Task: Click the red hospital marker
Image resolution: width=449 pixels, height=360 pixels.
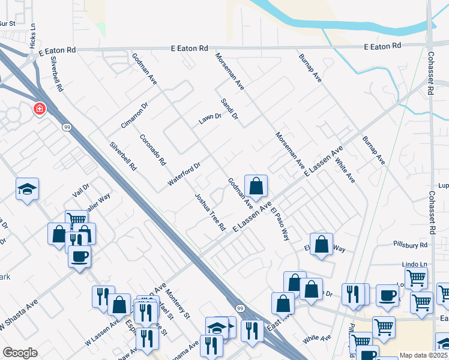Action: (x=39, y=109)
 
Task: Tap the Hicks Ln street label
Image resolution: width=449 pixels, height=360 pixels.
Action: (x=32, y=35)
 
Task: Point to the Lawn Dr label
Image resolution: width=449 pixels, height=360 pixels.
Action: (x=211, y=119)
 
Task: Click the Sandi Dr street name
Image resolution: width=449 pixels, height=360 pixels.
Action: (x=230, y=109)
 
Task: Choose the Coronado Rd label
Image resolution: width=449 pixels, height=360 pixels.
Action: (x=152, y=150)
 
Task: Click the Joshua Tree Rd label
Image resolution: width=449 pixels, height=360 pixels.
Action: (x=209, y=212)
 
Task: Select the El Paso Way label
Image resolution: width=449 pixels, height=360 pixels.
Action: (x=280, y=223)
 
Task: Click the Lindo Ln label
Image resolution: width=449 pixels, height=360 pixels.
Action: (x=414, y=264)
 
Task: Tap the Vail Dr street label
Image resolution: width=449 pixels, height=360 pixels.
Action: (x=80, y=191)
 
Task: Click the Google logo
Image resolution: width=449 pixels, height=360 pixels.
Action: (x=20, y=353)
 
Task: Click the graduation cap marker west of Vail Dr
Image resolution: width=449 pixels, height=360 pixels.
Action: (x=27, y=190)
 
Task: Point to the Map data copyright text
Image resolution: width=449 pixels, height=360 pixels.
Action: (x=424, y=355)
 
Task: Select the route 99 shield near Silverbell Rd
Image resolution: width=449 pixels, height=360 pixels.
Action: (x=67, y=127)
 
